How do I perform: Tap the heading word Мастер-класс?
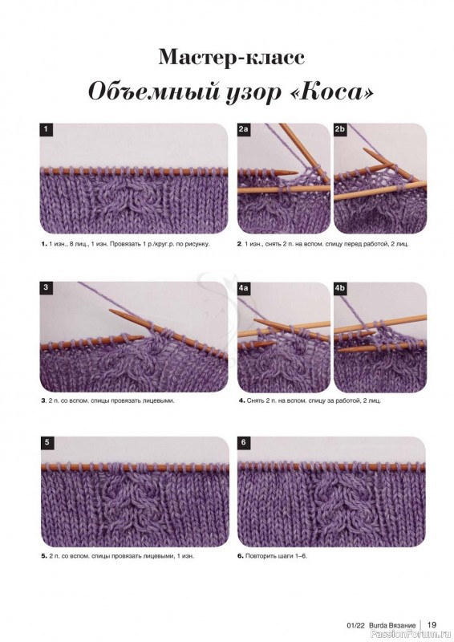(x=231, y=57)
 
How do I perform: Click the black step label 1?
(x=46, y=129)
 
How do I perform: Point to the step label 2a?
(x=244, y=129)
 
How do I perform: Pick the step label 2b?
(x=340, y=129)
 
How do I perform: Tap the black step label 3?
(x=46, y=287)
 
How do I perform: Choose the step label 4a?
(x=244, y=288)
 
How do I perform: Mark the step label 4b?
(x=340, y=288)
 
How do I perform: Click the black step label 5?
(x=47, y=442)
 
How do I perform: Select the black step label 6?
(x=244, y=442)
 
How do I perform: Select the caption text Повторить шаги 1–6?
(x=276, y=556)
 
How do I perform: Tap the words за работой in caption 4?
(x=344, y=400)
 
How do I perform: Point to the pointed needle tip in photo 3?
(x=111, y=311)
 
